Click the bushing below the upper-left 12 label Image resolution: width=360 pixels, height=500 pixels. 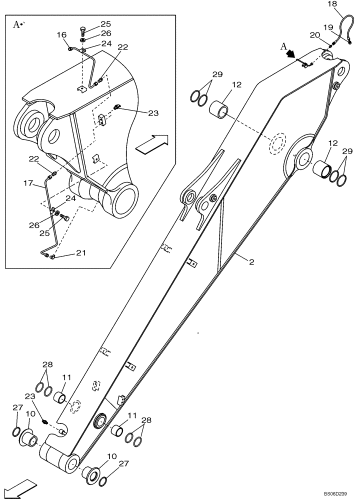(x=220, y=108)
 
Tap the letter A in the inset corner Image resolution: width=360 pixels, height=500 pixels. (x=16, y=23)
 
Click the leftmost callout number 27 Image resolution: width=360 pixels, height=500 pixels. (x=17, y=407)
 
